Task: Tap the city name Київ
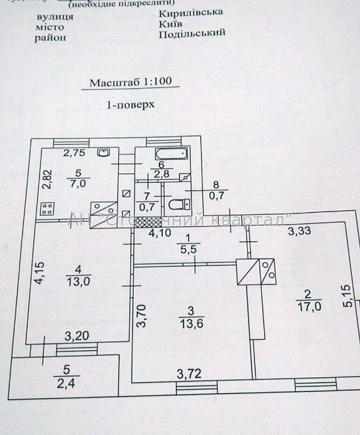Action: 171,23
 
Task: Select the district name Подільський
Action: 192,34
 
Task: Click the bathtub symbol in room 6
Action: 171,154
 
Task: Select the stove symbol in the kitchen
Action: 47,208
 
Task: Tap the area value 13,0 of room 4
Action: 77,280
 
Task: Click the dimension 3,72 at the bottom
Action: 189,373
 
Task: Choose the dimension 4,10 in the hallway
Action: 159,232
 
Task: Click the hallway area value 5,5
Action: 187,248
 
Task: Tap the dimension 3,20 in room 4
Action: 76,336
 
